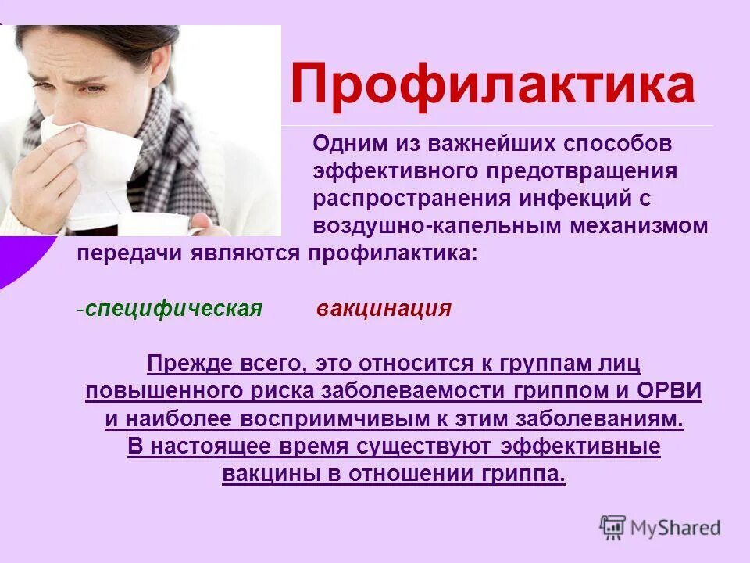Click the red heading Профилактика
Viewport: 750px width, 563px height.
coord(492,85)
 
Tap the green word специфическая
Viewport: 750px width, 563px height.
coord(173,308)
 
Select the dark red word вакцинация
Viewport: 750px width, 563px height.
coord(384,308)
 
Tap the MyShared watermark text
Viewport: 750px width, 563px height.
coord(676,528)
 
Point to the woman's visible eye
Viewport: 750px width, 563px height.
coord(92,88)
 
